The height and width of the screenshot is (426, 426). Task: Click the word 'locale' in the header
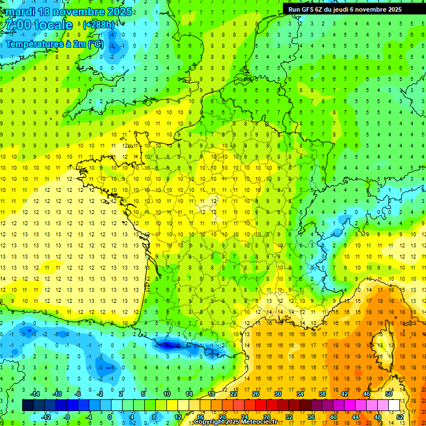(53, 25)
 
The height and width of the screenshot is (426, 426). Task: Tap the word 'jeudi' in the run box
(344, 9)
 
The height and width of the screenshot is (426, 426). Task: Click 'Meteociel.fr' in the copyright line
(259, 422)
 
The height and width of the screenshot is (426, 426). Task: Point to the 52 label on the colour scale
(400, 417)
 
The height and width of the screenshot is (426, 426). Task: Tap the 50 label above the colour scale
(389, 394)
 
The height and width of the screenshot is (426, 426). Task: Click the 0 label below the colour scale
(109, 417)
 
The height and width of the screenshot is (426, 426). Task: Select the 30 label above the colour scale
(277, 394)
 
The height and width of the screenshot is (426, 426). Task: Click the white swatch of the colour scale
(394, 405)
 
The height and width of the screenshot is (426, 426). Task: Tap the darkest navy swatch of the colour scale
(28, 405)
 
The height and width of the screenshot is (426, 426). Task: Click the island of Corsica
(381, 341)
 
